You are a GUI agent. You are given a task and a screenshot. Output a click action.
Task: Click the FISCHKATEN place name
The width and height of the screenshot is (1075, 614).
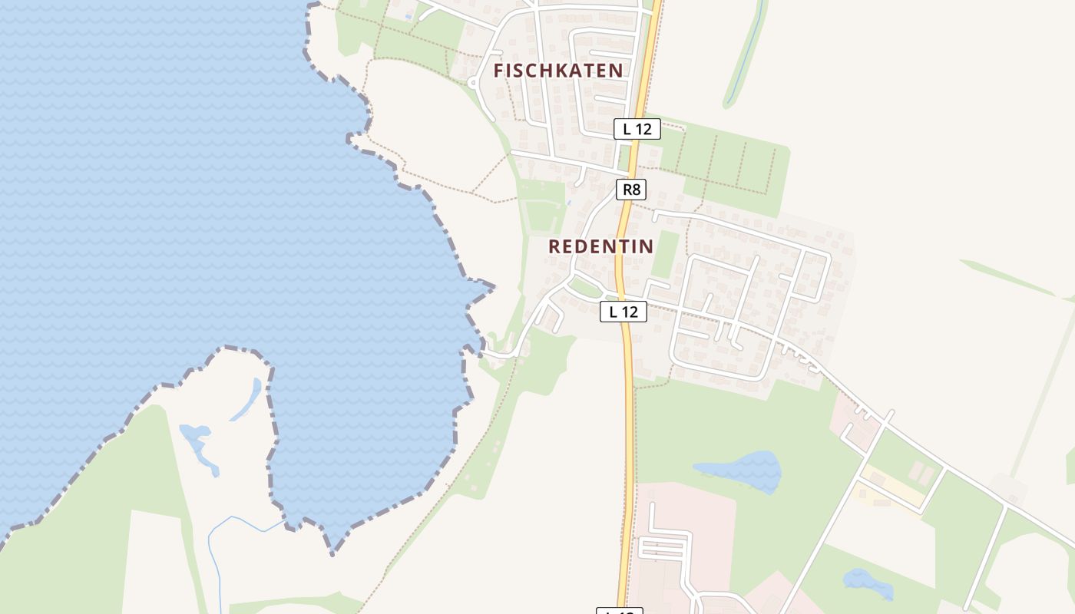pyautogui.click(x=558, y=71)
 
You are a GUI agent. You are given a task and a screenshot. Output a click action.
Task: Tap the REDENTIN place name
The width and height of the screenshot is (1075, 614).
pyautogui.click(x=600, y=246)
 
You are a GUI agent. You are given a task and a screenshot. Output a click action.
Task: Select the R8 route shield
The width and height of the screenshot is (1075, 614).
pyautogui.click(x=630, y=189)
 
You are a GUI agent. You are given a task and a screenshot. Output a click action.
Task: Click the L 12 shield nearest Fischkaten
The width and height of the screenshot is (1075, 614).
pyautogui.click(x=637, y=129)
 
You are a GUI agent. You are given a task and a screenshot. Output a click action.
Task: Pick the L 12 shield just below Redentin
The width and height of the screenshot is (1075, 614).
pyautogui.click(x=623, y=311)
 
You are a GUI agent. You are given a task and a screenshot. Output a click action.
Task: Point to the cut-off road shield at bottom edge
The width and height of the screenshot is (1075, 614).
pyautogui.click(x=619, y=611)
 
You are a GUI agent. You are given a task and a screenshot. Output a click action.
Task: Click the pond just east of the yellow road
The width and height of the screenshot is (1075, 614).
pyautogui.click(x=739, y=469)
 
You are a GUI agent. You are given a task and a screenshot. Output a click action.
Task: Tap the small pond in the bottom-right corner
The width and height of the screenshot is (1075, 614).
pyautogui.click(x=869, y=583)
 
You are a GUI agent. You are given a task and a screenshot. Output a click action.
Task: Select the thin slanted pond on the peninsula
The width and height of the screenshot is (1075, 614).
pyautogui.click(x=246, y=400)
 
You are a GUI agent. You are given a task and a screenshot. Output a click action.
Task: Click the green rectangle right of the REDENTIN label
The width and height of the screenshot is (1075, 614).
pyautogui.click(x=666, y=254)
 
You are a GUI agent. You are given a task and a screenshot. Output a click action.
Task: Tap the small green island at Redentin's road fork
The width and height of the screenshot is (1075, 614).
pyautogui.click(x=585, y=288)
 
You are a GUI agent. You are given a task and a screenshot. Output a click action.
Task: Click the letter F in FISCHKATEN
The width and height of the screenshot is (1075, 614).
pyautogui.click(x=500, y=71)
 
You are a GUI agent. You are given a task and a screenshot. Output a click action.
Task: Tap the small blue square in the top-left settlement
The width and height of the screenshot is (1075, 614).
pyautogui.click(x=408, y=15)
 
